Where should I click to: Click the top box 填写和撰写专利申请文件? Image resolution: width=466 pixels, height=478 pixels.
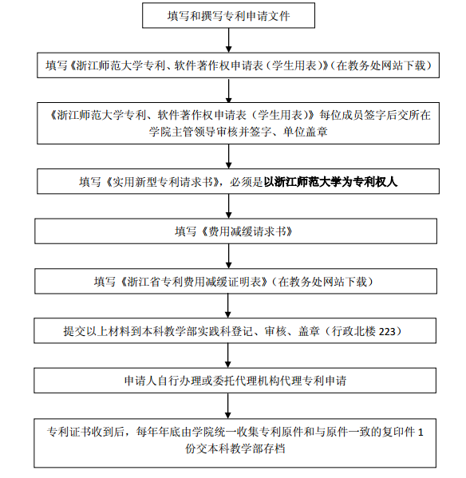(228, 15)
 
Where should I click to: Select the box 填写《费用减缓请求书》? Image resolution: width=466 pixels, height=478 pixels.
(235, 231)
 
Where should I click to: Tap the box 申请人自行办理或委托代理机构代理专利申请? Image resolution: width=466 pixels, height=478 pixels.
(235, 381)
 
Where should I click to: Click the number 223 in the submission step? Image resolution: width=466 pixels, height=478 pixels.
(387, 331)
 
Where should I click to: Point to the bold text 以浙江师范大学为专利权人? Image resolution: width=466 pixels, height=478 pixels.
(330, 182)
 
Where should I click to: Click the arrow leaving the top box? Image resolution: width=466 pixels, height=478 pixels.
(228, 40)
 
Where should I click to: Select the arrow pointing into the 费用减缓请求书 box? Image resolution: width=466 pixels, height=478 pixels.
(228, 206)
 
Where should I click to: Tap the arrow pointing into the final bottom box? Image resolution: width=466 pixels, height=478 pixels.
(228, 405)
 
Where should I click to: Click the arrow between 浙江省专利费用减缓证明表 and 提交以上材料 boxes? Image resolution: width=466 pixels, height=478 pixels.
(228, 306)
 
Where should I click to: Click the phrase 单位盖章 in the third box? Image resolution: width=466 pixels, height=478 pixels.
(306, 132)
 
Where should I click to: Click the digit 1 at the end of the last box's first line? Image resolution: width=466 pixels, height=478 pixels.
(421, 432)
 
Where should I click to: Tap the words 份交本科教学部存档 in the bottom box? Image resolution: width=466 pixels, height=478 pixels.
(235, 448)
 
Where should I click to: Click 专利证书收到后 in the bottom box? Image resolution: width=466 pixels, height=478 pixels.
(85, 432)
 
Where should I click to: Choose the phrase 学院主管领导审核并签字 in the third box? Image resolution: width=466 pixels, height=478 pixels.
(210, 132)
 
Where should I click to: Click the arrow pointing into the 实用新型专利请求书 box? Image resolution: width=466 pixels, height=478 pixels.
(228, 156)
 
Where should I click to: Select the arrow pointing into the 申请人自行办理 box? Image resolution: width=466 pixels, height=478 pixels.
(228, 356)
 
